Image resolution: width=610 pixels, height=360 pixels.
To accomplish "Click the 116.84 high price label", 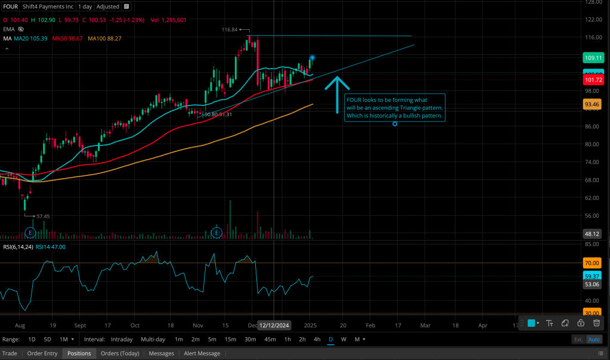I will click(230, 29).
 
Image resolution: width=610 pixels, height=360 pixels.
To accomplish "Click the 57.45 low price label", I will click(43, 216).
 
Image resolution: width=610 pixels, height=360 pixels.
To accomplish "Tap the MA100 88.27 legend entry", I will click(104, 38).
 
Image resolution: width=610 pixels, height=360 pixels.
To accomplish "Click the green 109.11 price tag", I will click(594, 58).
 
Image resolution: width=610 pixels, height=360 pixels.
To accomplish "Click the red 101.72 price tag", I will click(594, 80).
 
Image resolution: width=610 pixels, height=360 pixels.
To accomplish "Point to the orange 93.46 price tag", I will click(592, 104).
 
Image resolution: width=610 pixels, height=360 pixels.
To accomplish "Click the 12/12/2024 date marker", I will click(274, 325).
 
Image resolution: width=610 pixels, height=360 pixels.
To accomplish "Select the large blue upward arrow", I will click(337, 94).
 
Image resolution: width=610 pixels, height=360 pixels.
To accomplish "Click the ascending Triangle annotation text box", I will click(394, 108).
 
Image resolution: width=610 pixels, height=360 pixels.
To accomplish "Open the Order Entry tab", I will click(42, 353).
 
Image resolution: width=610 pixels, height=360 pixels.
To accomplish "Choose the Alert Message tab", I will click(202, 353).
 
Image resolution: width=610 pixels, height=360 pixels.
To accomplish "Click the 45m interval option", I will click(270, 339).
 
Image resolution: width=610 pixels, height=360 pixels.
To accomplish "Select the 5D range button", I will click(48, 339).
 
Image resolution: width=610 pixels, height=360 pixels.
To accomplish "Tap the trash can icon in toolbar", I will click(596, 323).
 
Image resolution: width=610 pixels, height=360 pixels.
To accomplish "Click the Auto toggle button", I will click(594, 339).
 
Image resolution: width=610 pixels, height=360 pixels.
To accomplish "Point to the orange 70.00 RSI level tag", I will click(592, 263).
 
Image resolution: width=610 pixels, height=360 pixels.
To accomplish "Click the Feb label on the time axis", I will click(370, 325).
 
